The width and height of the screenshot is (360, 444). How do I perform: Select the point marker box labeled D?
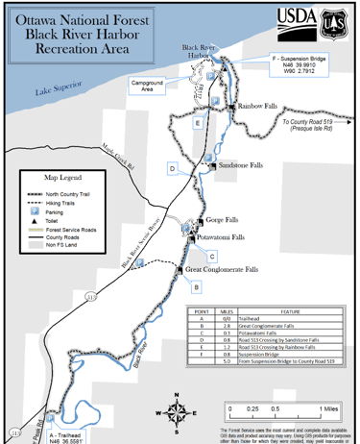point(172,169)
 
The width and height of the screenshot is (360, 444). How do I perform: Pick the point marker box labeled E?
point(197,124)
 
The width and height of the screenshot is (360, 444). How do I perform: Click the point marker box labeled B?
point(196,287)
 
